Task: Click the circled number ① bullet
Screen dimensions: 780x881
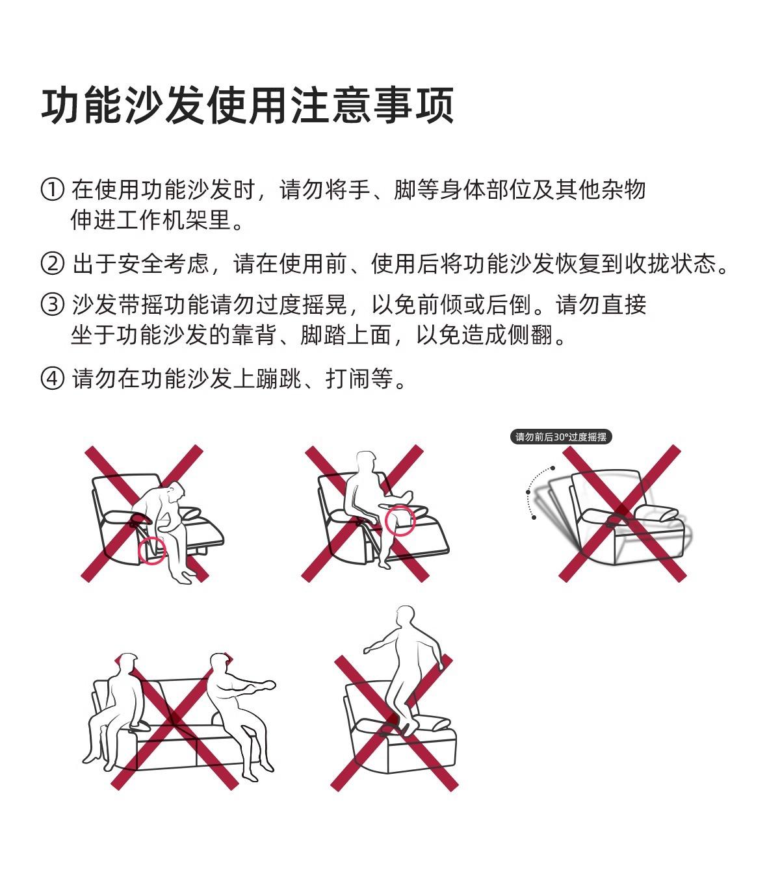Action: [x=52, y=190]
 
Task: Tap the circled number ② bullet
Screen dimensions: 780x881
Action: [x=52, y=264]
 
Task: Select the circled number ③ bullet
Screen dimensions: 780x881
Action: [x=52, y=304]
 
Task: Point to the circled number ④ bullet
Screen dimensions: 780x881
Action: [x=52, y=378]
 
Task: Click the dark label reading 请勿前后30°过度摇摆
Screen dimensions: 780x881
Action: [x=561, y=437]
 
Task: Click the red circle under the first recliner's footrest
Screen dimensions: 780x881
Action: [x=152, y=550]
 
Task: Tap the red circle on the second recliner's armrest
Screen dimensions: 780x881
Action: [x=400, y=520]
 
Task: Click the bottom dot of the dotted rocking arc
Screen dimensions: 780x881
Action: [x=534, y=517]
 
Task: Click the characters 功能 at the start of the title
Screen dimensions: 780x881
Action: [x=81, y=105]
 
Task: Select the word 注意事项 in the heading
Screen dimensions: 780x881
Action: [x=372, y=105]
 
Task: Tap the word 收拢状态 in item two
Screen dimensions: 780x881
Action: [x=670, y=264]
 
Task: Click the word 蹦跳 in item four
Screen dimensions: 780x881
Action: [x=278, y=378]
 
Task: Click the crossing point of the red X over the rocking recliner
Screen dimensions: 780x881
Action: [x=622, y=513]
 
